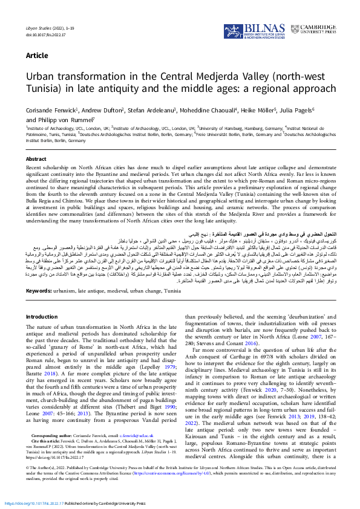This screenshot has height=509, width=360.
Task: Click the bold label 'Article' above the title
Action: click(37, 56)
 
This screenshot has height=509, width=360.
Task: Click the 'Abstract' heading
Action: click(36, 159)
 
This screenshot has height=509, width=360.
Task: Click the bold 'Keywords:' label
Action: click(39, 291)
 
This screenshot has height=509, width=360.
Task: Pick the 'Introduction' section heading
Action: click(42, 317)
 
